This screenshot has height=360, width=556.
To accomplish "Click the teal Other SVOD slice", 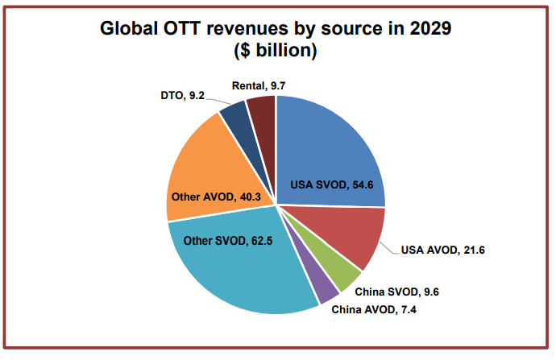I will coord(242,274).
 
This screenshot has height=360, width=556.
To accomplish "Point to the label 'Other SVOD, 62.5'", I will coord(228,240).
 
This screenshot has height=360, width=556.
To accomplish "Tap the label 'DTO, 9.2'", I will coord(182,95).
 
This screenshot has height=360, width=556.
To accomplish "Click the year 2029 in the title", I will coord(428,28).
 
